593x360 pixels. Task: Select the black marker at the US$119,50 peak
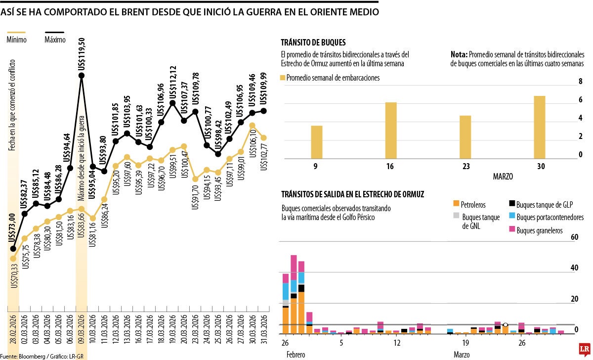pyautogui.click(x=82, y=76)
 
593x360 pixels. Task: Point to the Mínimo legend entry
pyautogui.click(x=17, y=40)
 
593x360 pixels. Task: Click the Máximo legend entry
pyautogui.click(x=54, y=40)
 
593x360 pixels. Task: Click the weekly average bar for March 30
pyautogui.click(x=540, y=127)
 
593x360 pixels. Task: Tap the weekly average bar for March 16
pyautogui.click(x=390, y=131)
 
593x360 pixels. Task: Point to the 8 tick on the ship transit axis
pyautogui.click(x=581, y=82)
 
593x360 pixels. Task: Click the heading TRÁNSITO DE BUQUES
pyautogui.click(x=313, y=43)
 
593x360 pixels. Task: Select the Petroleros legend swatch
pyautogui.click(x=456, y=203)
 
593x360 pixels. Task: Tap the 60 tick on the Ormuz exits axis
pyautogui.click(x=574, y=237)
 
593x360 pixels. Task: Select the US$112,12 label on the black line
pyautogui.click(x=173, y=82)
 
